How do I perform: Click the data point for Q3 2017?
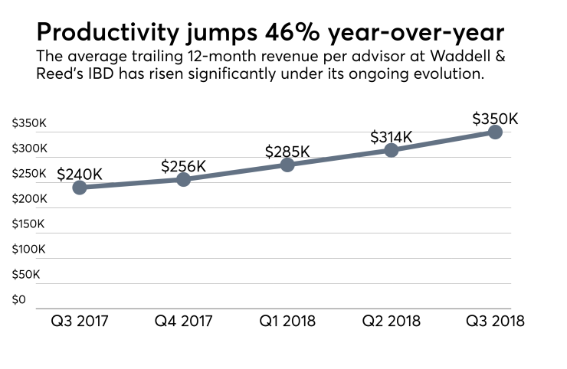coord(80,188)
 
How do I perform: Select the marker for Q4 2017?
coord(184,179)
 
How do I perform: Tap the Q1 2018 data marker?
coord(287,165)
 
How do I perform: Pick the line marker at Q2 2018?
coord(392,150)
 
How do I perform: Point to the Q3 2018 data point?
coord(495,132)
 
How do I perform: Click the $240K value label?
coord(80,173)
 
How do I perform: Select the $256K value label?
coord(184,165)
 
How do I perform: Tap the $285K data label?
coord(287,151)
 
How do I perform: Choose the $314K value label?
coord(392,137)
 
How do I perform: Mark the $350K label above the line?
coord(495,119)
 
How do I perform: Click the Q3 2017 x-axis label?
coord(80,321)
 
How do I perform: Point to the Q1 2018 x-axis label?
coord(287,321)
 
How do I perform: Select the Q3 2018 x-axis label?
coord(495,321)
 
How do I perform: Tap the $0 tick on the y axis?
coord(19,299)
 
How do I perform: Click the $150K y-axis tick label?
coord(29,224)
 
